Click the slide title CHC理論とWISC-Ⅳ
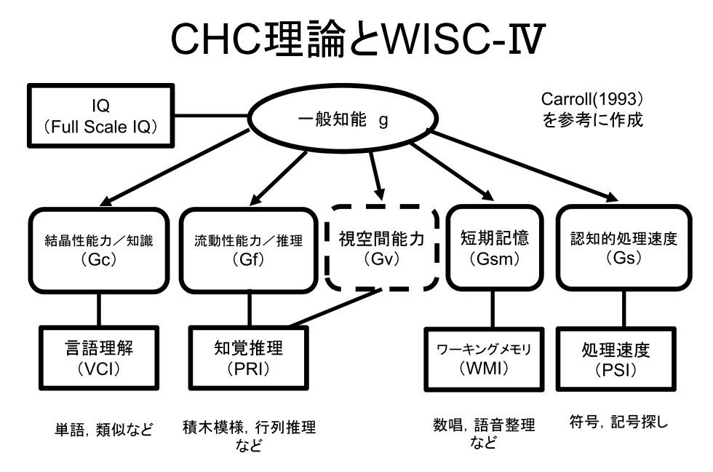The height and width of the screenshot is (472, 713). click(356, 42)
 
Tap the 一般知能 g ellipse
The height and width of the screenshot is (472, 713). click(342, 120)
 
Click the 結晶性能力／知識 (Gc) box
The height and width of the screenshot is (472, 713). click(97, 250)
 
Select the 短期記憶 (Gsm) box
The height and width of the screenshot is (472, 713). click(495, 250)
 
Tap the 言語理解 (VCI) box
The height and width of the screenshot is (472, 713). click(97, 358)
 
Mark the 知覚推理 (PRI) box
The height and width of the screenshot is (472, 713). click(248, 358)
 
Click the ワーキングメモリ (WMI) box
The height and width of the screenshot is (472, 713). click(484, 359)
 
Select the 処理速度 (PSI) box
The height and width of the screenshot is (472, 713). click(615, 359)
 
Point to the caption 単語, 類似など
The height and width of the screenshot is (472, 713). click(105, 429)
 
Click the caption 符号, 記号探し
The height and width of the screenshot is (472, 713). click(618, 422)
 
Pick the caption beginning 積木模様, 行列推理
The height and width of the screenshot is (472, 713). click(249, 436)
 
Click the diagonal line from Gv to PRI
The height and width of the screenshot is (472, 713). click(335, 308)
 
